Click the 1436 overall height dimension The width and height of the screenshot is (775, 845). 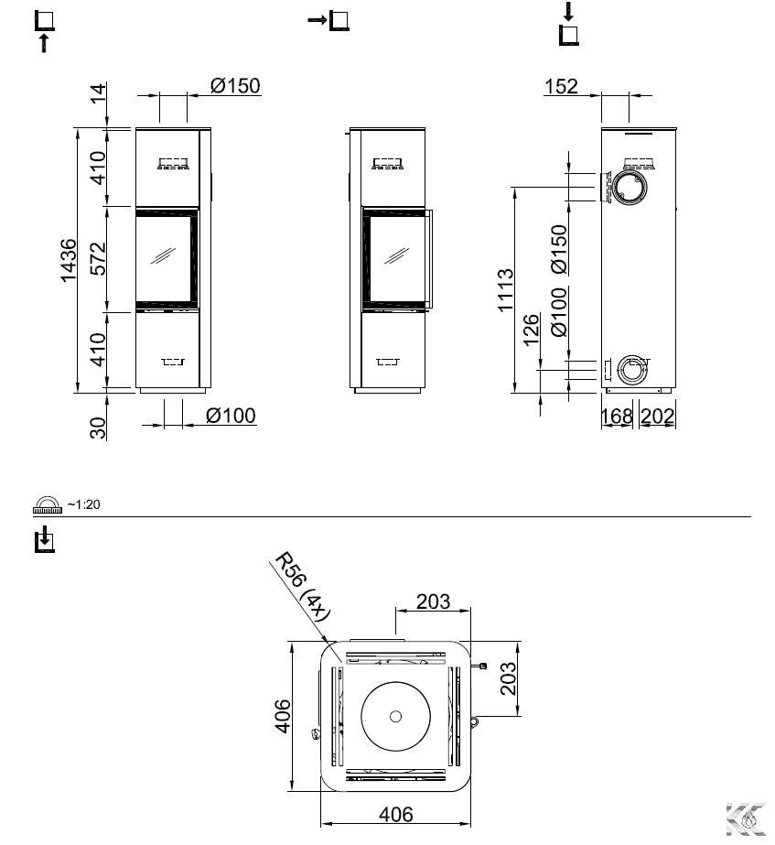(69, 261)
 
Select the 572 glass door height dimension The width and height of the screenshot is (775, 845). (98, 259)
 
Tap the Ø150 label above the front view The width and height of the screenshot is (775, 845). (235, 86)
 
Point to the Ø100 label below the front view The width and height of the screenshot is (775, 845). (231, 416)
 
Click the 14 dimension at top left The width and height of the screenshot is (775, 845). (98, 93)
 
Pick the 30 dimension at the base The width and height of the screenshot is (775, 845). (98, 428)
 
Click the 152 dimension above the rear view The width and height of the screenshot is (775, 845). (561, 86)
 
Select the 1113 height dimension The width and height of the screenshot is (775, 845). (505, 290)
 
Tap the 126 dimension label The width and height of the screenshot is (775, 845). (531, 330)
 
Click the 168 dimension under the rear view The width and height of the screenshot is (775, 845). (617, 416)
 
